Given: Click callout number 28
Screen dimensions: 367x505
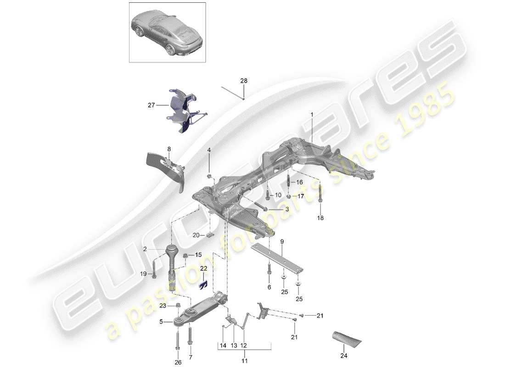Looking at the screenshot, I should pyautogui.click(x=244, y=81).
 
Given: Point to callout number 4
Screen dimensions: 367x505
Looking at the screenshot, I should pyautogui.click(x=209, y=150).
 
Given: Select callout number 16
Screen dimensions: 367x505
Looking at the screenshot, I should pyautogui.click(x=299, y=182).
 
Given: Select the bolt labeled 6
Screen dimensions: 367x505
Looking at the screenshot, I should pyautogui.click(x=269, y=274).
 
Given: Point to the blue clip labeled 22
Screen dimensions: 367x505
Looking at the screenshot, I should pyautogui.click(x=202, y=285).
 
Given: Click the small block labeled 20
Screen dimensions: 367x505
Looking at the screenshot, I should pyautogui.click(x=210, y=235).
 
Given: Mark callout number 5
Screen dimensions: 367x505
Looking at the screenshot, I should pyautogui.click(x=161, y=322).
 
